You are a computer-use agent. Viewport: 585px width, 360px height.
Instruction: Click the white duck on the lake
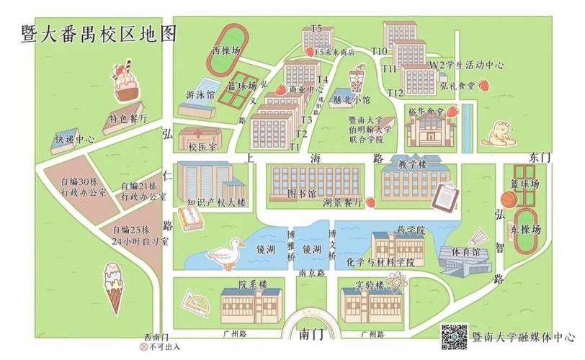point(224,253)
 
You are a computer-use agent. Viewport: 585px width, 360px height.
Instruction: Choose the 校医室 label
point(202,147)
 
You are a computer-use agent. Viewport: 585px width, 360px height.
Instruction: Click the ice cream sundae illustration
point(126,81)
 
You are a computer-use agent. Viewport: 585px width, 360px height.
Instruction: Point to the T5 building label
point(317,28)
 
